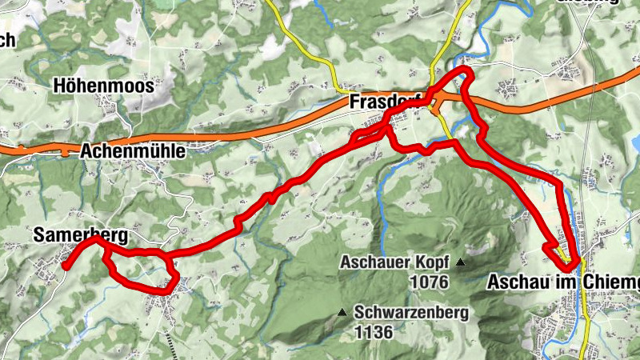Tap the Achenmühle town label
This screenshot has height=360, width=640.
(133, 150)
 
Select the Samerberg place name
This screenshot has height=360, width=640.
(80, 235)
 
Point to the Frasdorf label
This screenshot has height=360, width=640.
(385, 103)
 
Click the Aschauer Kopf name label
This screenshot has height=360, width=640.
(395, 262)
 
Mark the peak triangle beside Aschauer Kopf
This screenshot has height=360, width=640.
(460, 262)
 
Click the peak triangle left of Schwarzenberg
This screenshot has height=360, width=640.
(342, 313)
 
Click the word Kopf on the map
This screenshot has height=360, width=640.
(432, 262)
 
